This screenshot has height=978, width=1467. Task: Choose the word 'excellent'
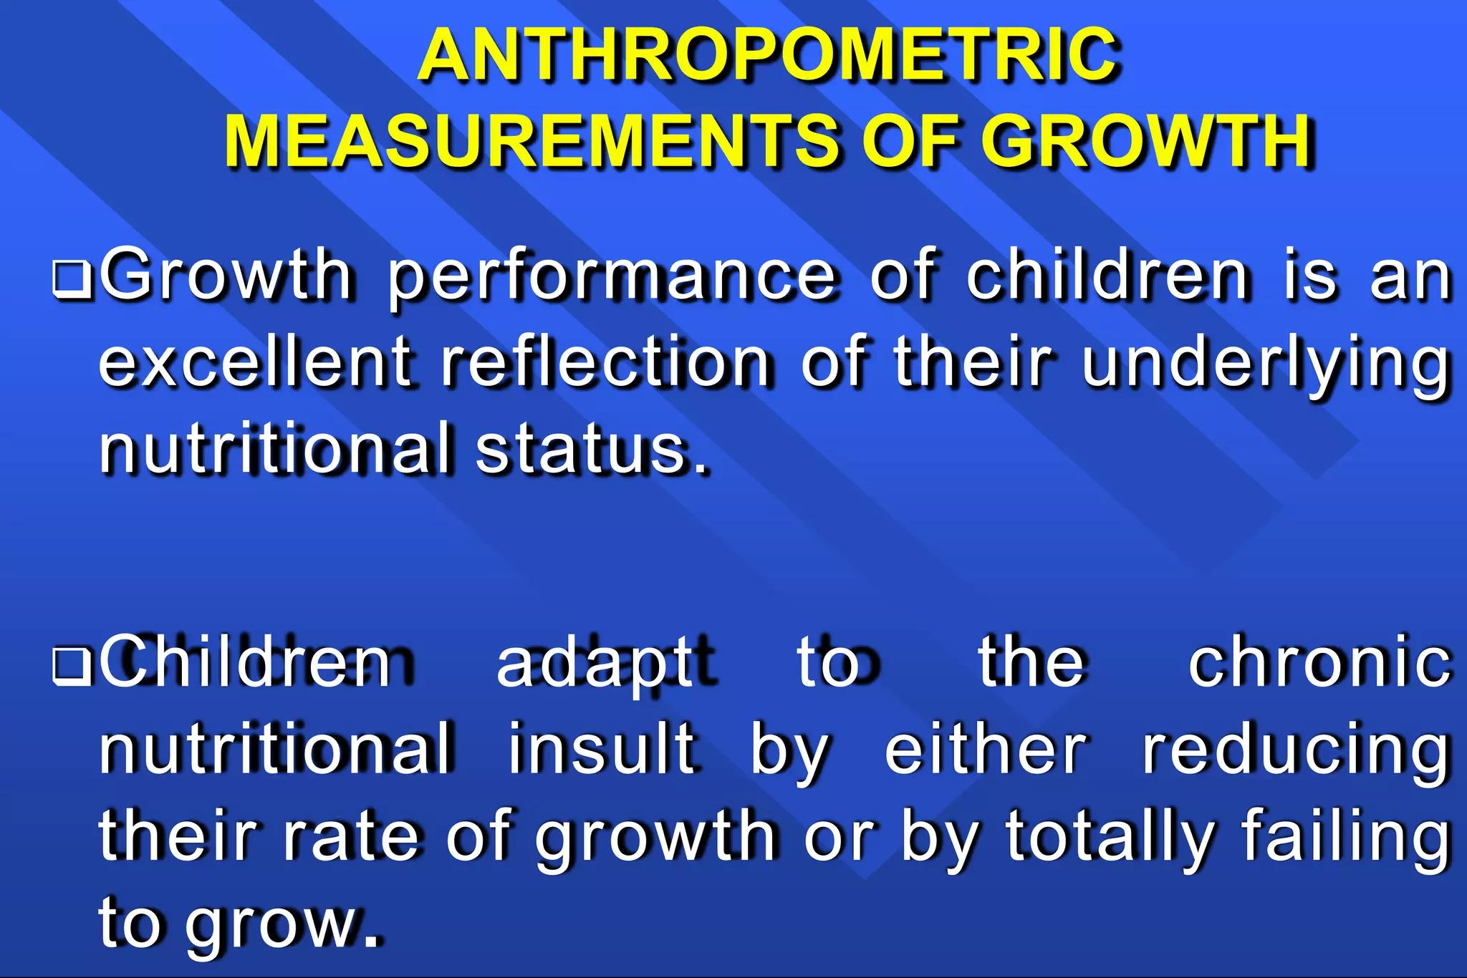255,362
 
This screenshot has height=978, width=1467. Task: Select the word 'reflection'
606,362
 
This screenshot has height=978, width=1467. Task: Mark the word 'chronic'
1319,663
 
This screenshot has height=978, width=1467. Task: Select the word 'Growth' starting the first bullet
226,276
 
